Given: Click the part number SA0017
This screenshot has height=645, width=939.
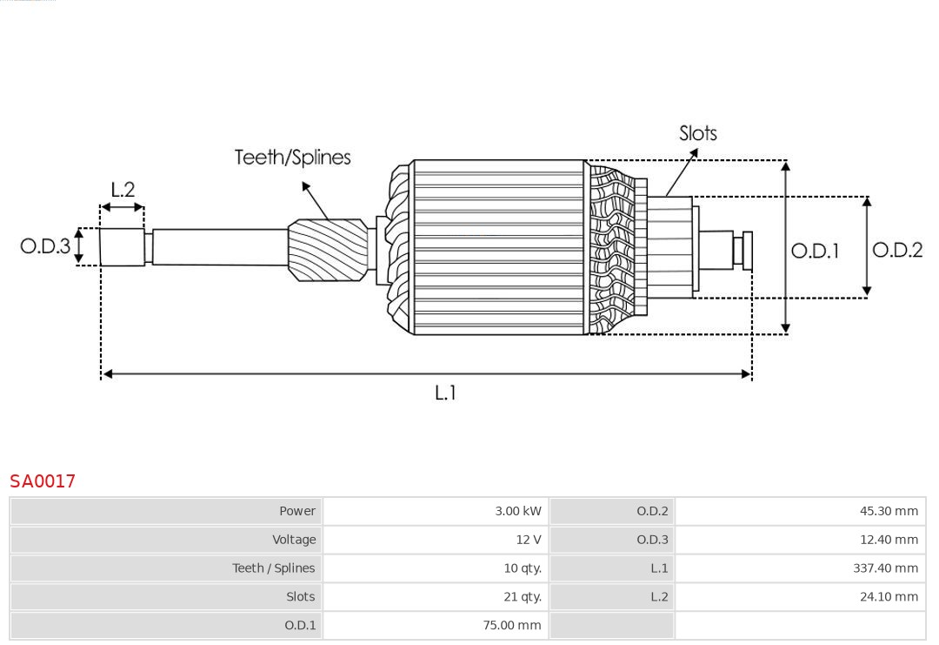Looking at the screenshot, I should (x=43, y=480).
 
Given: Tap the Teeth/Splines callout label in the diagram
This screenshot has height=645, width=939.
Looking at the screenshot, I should (x=292, y=158).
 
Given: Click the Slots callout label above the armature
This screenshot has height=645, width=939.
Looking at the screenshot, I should (x=697, y=133).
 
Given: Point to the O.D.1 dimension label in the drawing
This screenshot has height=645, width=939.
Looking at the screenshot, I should (x=815, y=252).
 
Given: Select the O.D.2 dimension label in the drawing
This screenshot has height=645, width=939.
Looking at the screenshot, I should (x=896, y=251).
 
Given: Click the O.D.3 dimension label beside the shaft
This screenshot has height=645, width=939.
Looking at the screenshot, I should (x=45, y=246).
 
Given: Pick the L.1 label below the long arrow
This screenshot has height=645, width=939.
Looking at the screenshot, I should (x=444, y=393).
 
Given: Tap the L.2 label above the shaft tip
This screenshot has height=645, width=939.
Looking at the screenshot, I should (x=123, y=190).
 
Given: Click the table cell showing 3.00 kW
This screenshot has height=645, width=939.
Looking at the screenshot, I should (x=517, y=511).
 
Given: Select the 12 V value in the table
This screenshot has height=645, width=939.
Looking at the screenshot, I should (x=528, y=540).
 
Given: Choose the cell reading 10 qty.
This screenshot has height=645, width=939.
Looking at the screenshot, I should (x=522, y=568).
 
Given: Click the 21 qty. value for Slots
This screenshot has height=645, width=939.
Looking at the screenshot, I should (x=522, y=597).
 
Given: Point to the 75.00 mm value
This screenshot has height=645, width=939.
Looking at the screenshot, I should (x=511, y=625).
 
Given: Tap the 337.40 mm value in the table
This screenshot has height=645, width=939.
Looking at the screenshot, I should (x=885, y=568).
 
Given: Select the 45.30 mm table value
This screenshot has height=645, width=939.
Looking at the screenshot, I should (x=889, y=511).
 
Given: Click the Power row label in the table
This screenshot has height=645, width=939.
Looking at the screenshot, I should (x=296, y=511).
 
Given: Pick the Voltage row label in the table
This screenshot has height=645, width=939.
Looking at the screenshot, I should (x=294, y=540).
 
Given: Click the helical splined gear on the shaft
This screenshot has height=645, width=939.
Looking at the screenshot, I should (x=327, y=249).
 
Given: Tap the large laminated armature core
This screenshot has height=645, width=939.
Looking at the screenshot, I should (x=498, y=247).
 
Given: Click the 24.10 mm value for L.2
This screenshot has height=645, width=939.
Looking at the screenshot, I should (x=889, y=597).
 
